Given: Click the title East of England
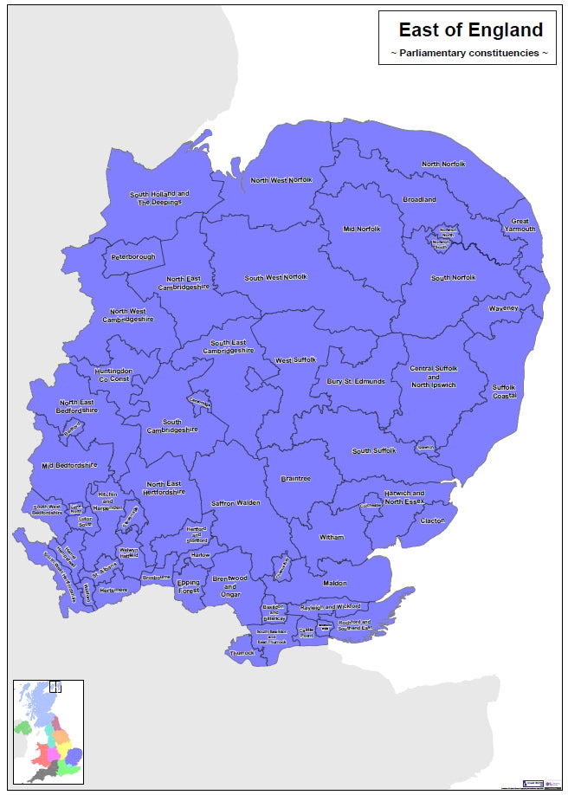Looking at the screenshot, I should tap(470, 30).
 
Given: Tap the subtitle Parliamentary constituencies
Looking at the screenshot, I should tap(470, 54).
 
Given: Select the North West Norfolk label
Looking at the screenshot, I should tap(281, 180).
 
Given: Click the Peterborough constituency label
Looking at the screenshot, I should tap(132, 257).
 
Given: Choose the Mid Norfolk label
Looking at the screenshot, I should tap(362, 229).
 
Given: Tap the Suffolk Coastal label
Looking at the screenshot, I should tap(504, 391).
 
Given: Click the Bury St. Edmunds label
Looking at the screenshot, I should tap(356, 381).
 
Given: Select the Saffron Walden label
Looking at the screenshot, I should tap(236, 503).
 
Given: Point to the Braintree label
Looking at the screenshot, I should tap(296, 479).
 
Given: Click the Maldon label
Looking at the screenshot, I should tap(334, 584).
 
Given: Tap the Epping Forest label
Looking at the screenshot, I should tap(189, 587).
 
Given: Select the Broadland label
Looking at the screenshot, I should tap(419, 200).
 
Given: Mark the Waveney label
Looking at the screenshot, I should tap(503, 308).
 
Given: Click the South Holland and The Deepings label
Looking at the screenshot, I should tap(159, 197).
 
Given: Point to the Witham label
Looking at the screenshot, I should tap(332, 538).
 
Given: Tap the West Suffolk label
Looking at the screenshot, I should tap(295, 360).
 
